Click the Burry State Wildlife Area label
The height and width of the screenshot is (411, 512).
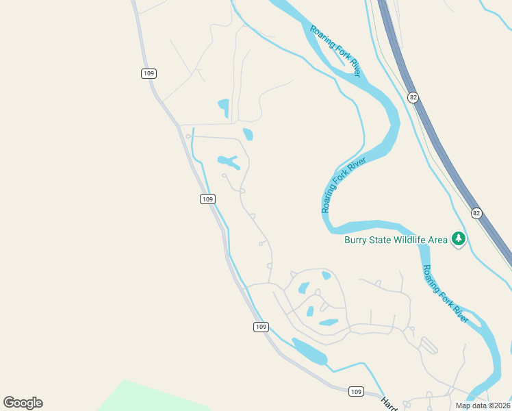click(396, 240)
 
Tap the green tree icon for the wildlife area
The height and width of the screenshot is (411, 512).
click(459, 239)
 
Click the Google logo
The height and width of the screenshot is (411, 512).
click(23, 403)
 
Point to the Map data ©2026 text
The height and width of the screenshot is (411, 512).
click(482, 406)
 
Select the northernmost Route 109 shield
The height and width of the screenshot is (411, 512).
click(149, 73)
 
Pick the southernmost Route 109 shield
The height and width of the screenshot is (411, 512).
click(355, 391)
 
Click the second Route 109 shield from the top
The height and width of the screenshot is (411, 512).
click(208, 199)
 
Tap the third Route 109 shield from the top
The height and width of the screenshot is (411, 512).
click(260, 327)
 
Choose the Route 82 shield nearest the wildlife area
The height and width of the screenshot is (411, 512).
click(476, 214)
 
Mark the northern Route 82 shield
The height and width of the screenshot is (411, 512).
click(412, 97)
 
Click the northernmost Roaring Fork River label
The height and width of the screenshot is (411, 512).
click(335, 51)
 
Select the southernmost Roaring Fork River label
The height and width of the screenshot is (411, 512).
click(446, 294)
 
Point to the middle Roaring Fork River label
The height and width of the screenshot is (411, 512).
click(344, 185)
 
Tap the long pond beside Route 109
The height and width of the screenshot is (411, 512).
click(309, 351)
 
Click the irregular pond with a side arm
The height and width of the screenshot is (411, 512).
click(229, 162)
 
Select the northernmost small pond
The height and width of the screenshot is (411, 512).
click(223, 107)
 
